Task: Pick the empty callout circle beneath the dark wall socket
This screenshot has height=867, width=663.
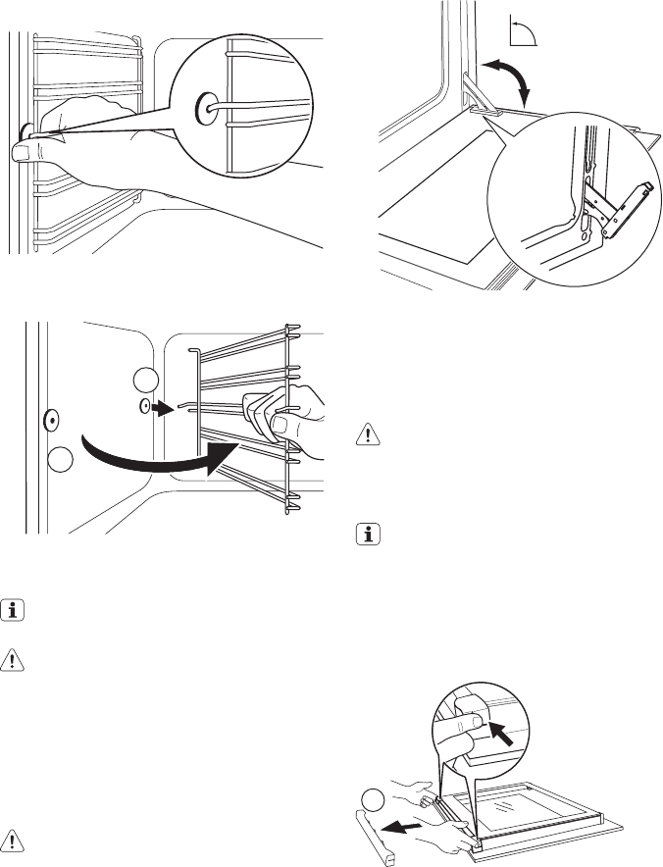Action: [59, 458]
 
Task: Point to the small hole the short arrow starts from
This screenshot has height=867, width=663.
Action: [146, 405]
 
